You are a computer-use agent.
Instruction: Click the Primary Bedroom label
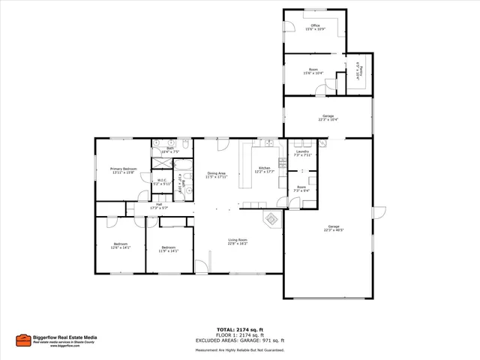[123, 169]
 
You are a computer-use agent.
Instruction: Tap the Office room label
[314, 25]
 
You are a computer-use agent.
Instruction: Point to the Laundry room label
[302, 151]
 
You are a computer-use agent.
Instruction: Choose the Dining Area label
[216, 173]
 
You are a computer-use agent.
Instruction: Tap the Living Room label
[238, 240]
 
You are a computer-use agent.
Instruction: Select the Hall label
[159, 204]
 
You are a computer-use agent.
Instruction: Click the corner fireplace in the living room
[271, 219]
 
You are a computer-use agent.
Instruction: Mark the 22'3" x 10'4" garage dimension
[328, 119]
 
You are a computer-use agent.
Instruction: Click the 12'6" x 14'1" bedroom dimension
[121, 247]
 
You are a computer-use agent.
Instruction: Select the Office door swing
[286, 31]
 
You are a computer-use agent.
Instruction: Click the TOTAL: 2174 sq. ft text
[239, 329]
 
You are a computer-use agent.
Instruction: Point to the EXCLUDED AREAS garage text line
[240, 340]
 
